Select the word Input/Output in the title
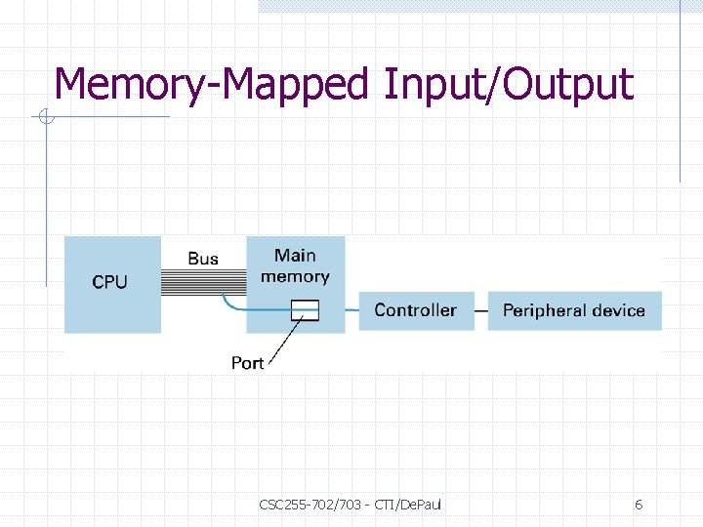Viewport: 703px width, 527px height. [x=508, y=85]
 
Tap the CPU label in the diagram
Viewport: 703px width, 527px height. [x=109, y=282]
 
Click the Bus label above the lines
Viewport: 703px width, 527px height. [x=203, y=259]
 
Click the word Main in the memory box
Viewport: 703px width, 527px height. [x=295, y=256]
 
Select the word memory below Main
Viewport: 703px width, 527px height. [x=295, y=276]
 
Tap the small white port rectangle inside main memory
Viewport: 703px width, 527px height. [x=306, y=309]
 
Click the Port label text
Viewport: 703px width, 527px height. [x=247, y=363]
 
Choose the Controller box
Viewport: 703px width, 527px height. [x=416, y=310]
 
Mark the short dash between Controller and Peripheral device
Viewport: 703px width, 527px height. [x=480, y=310]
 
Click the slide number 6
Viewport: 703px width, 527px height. [x=639, y=505]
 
